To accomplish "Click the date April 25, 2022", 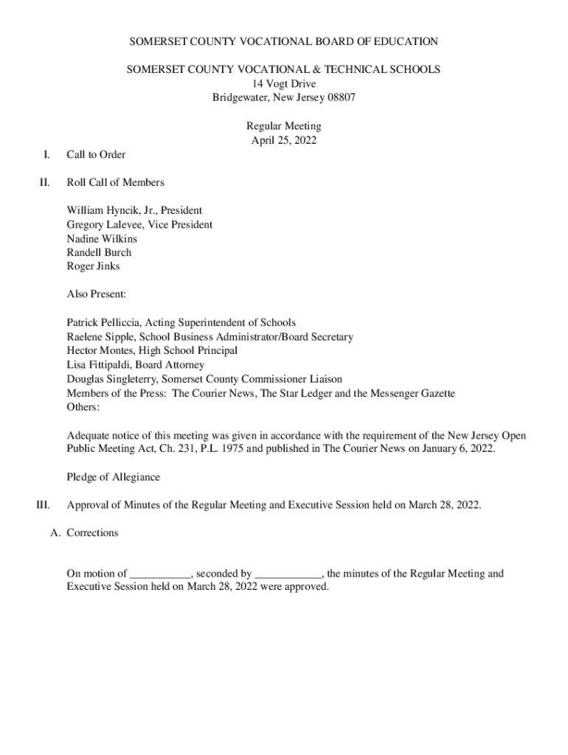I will click(283, 140).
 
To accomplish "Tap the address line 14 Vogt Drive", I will click(283, 83).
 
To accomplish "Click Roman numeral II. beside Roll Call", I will click(45, 182).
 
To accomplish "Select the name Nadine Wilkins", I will click(102, 238).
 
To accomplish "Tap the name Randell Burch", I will click(99, 252).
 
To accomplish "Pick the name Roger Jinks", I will click(93, 266).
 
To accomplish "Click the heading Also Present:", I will click(97, 294).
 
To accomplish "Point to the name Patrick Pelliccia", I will click(104, 322).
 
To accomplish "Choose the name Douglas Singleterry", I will click(111, 379).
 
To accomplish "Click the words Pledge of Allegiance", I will click(113, 477).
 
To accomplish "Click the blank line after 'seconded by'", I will click(288, 574).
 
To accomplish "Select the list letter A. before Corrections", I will click(55, 532).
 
